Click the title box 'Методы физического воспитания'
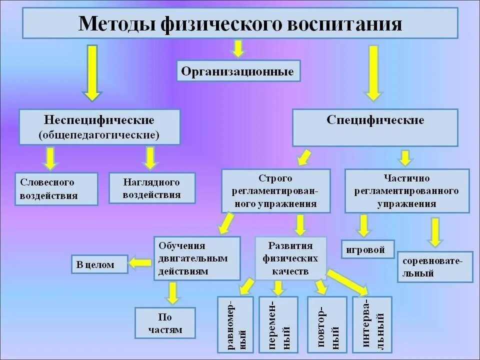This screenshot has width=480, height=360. tap(239, 23)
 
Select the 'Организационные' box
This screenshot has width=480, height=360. tap(238, 71)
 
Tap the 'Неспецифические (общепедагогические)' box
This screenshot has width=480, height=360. tap(99, 127)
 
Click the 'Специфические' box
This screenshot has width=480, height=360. tap(375, 127)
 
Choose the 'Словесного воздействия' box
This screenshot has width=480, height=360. tap(56, 188)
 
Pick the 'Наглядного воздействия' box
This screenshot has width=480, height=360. tap(152, 188)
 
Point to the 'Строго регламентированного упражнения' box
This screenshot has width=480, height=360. tap(275, 191)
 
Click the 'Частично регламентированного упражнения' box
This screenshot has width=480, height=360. tap(407, 191)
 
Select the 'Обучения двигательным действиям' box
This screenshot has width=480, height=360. tap(196, 258)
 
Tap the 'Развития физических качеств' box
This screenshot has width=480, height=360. tap(290, 258)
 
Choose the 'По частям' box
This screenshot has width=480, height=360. tap(165, 323)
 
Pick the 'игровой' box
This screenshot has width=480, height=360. tap(368, 249)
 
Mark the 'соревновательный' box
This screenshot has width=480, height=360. tap(435, 267)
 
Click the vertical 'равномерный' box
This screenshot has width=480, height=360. tap(236, 325)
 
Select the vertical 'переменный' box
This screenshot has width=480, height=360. tap(278, 325)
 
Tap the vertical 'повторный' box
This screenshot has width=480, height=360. tap(327, 325)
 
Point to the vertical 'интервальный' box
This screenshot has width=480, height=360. tap(372, 325)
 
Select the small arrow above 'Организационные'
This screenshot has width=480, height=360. tap(238, 48)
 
